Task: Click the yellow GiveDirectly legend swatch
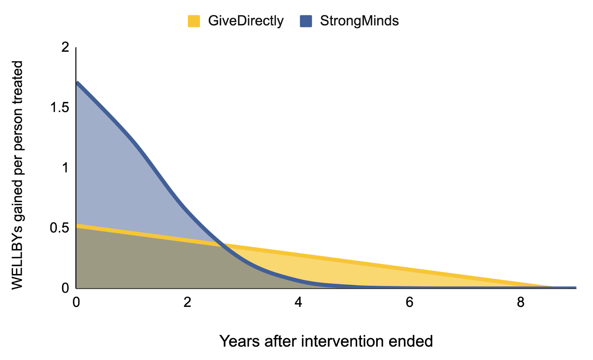[194, 21]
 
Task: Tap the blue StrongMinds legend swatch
[306, 21]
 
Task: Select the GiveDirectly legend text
[246, 21]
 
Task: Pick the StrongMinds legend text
[359, 21]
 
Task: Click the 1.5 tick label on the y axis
[60, 108]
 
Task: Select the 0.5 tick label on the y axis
[60, 228]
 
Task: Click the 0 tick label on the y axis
[65, 288]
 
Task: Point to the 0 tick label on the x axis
[76, 302]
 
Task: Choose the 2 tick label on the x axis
[187, 302]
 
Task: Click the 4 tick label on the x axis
[298, 302]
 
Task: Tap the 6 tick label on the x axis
[410, 302]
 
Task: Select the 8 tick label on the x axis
[520, 302]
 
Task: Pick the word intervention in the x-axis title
[342, 341]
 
